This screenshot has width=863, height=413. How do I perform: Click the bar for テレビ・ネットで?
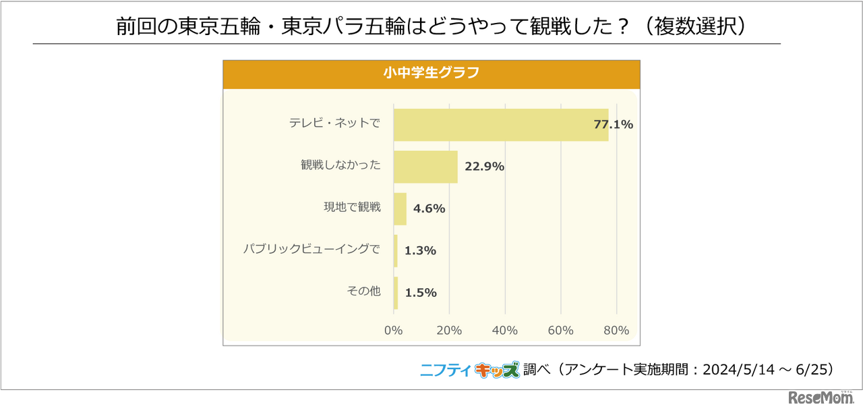click(x=500, y=125)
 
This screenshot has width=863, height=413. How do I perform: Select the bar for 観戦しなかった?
click(x=425, y=167)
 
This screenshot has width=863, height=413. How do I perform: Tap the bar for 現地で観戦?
click(x=400, y=209)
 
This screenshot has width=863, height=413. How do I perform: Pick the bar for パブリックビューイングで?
click(x=396, y=250)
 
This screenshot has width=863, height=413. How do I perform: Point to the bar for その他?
click(x=396, y=292)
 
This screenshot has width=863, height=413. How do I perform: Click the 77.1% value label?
click(x=613, y=125)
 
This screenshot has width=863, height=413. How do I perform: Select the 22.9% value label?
click(x=484, y=167)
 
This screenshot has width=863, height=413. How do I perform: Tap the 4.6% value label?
click(x=429, y=209)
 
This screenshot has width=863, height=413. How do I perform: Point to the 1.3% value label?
click(x=420, y=250)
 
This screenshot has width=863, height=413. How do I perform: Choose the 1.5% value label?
click(x=421, y=292)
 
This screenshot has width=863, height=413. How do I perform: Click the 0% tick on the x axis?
click(x=393, y=331)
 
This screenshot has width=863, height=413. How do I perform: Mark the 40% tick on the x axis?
click(x=504, y=331)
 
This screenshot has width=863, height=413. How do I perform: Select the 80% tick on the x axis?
click(x=616, y=331)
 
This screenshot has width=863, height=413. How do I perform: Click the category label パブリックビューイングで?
click(x=311, y=249)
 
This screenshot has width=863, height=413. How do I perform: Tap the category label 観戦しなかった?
click(x=340, y=165)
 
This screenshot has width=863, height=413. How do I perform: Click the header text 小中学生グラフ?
click(x=431, y=74)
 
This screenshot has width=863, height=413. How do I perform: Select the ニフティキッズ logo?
click(x=470, y=369)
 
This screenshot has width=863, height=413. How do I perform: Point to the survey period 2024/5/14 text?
click(x=740, y=370)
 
